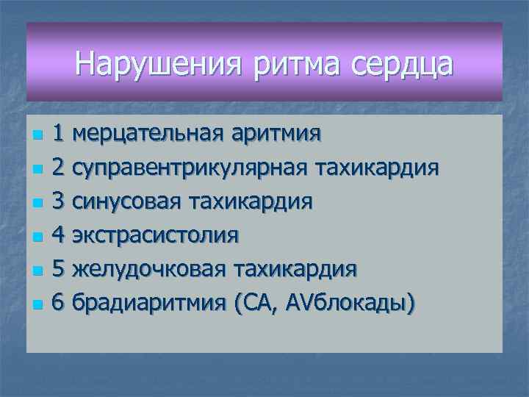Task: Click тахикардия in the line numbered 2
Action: [377, 168]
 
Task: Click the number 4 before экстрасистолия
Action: [60, 235]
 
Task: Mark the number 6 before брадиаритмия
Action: [60, 303]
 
